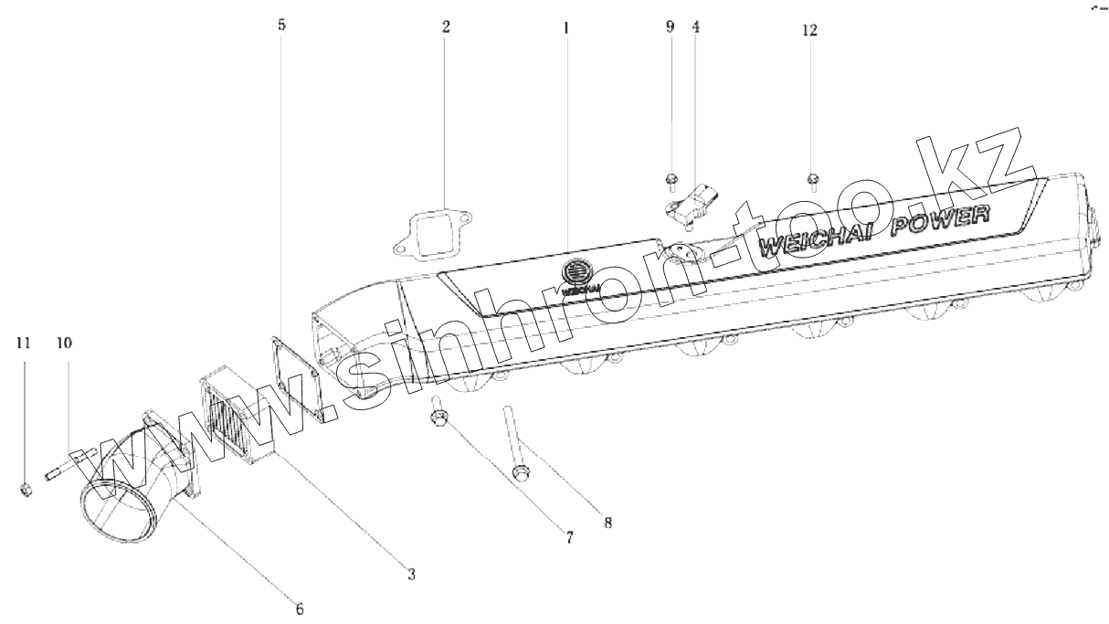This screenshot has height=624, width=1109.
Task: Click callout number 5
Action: click(x=281, y=26)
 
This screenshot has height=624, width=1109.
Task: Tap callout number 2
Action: click(x=446, y=27)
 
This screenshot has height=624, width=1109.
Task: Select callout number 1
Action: click(x=565, y=28)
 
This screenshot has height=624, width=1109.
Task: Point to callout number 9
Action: click(x=670, y=27)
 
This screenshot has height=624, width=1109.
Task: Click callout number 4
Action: click(x=696, y=27)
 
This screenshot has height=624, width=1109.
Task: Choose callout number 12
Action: click(x=809, y=30)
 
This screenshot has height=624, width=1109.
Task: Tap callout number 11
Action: click(x=24, y=344)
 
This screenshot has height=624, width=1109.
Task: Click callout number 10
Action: click(x=64, y=344)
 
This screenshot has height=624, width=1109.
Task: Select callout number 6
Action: click(x=299, y=608)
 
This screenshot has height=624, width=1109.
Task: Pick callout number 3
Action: click(x=411, y=575)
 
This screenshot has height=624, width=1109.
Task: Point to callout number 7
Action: click(x=568, y=539)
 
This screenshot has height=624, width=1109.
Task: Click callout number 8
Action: click(x=607, y=524)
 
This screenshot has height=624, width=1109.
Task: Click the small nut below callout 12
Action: click(x=811, y=177)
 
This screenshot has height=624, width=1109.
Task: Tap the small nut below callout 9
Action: click(x=671, y=178)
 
